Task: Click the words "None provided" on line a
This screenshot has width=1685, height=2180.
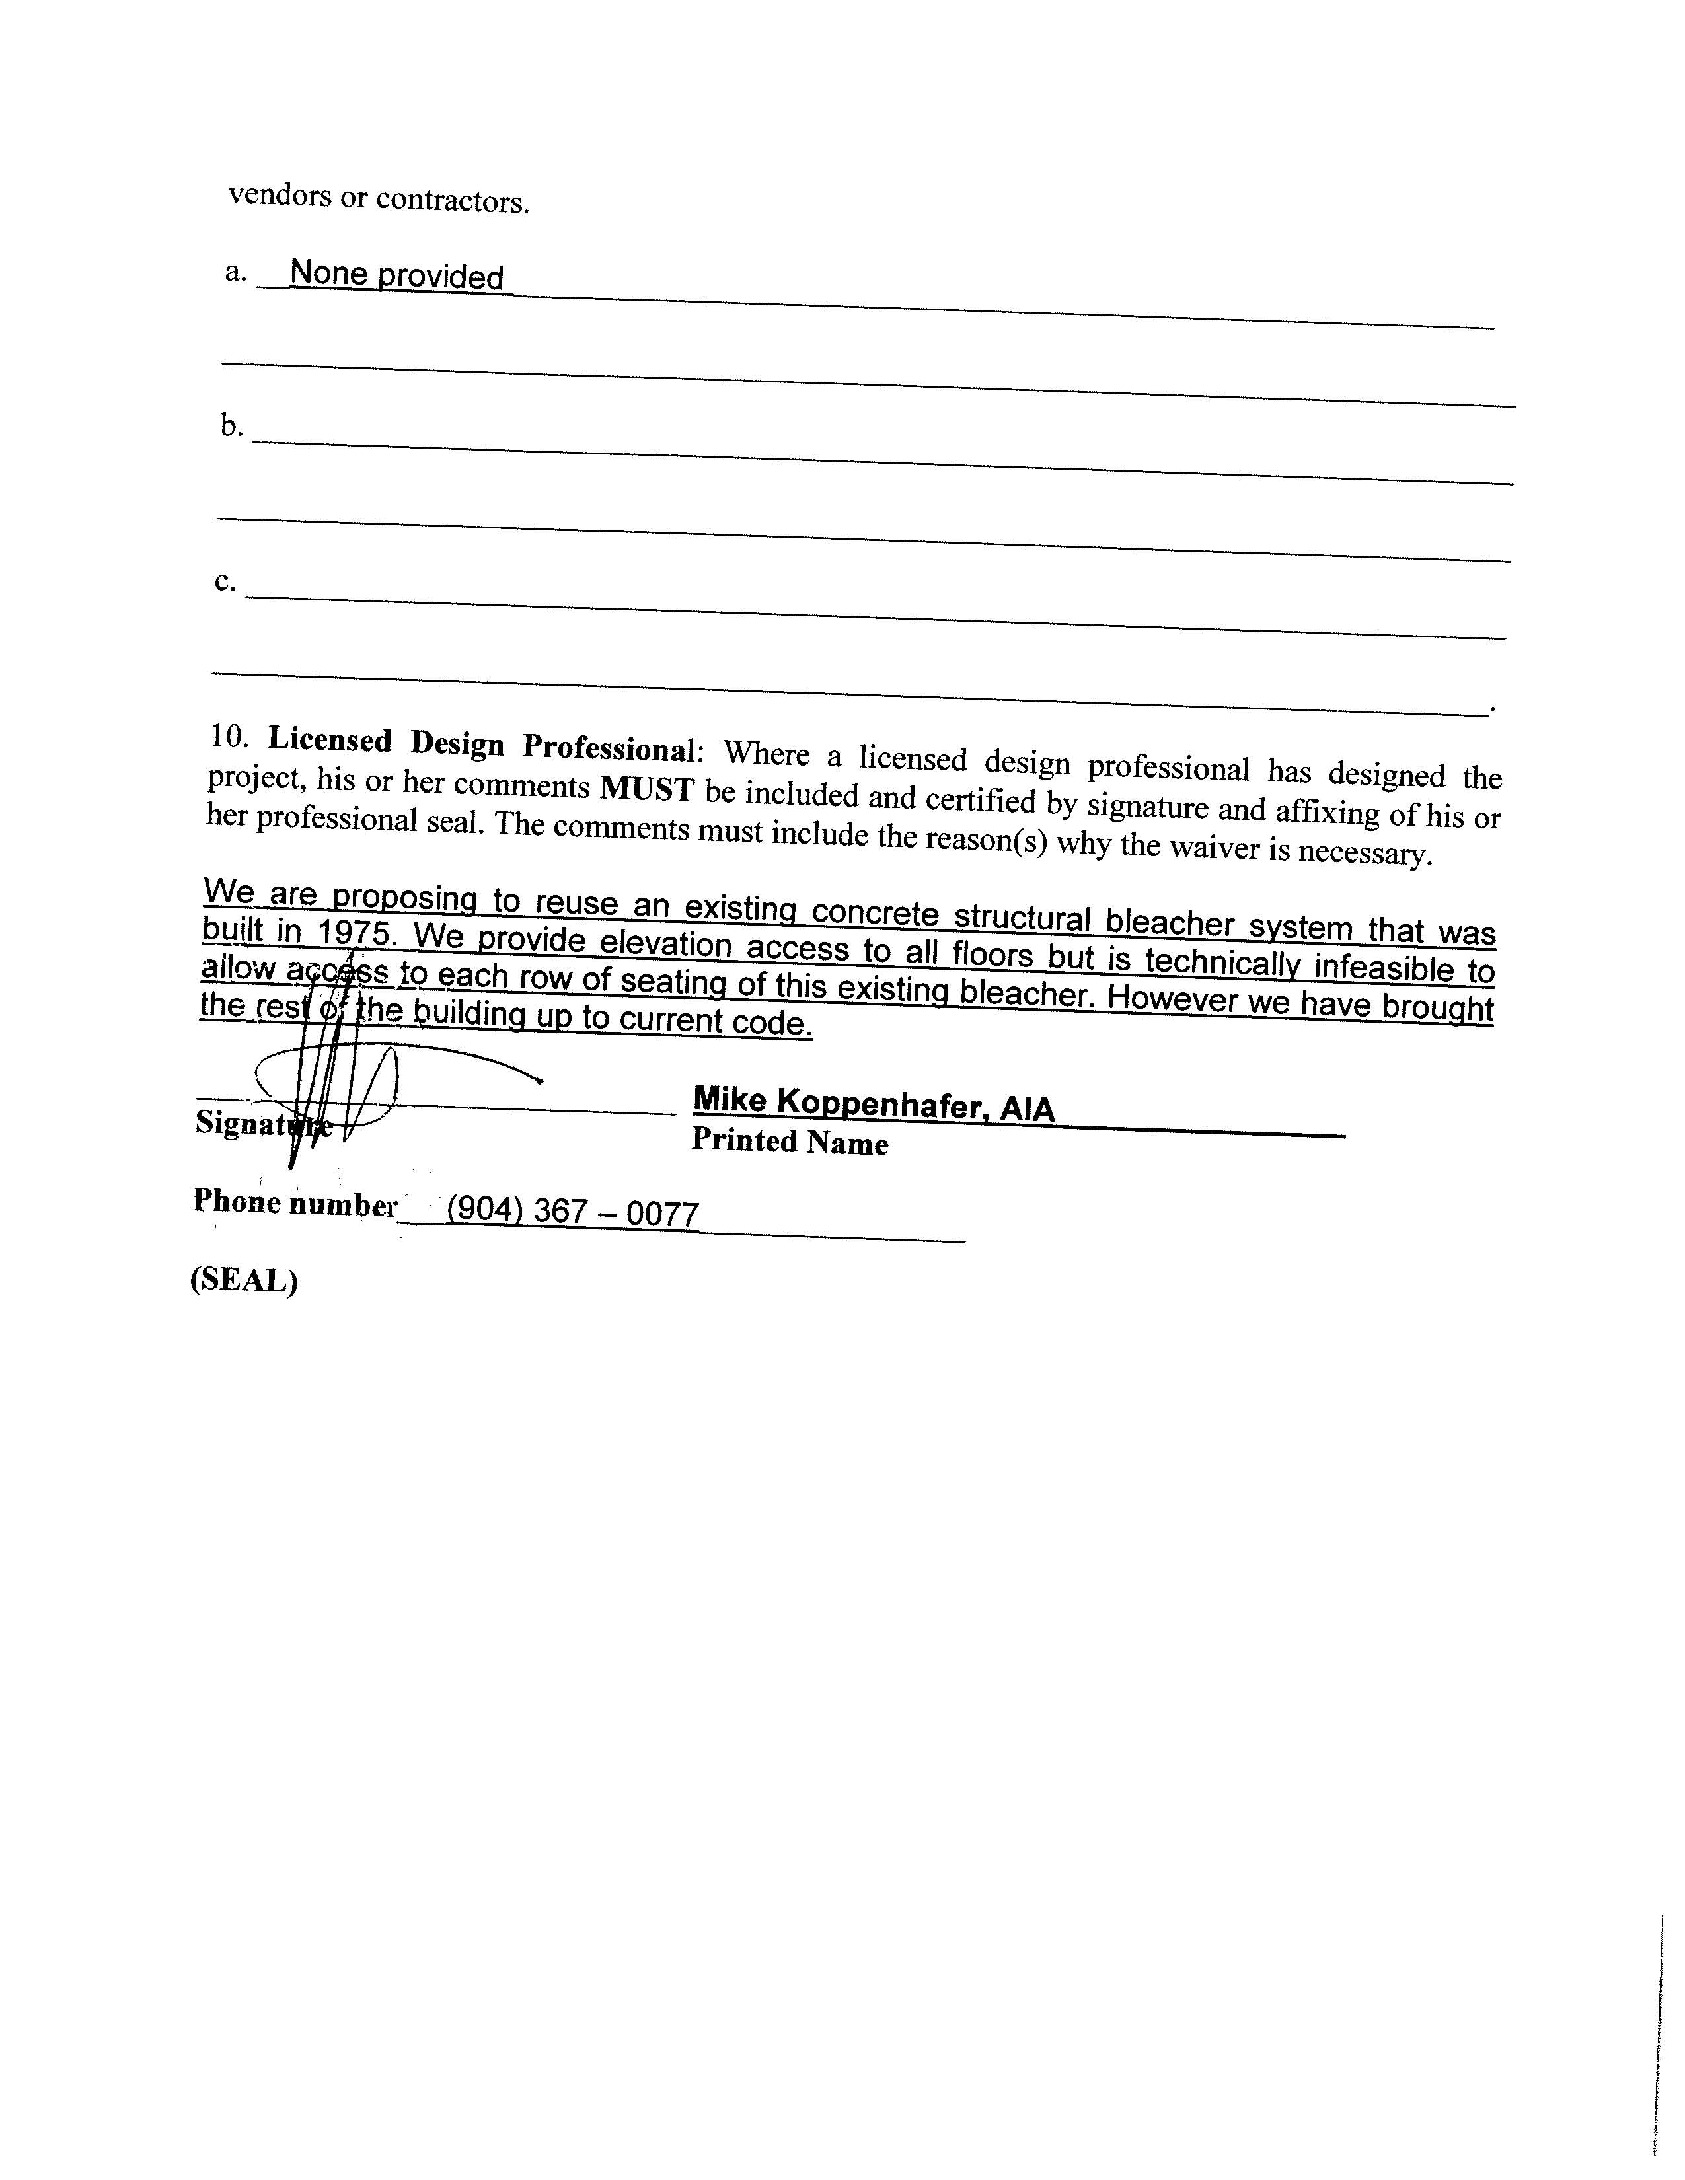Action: [x=396, y=275]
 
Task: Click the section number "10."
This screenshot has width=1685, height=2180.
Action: [x=229, y=737]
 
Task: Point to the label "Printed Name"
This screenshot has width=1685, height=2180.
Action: [x=790, y=1141]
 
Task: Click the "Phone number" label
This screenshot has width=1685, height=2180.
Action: [x=295, y=1203]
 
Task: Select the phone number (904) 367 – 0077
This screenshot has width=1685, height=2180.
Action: [x=572, y=1213]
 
